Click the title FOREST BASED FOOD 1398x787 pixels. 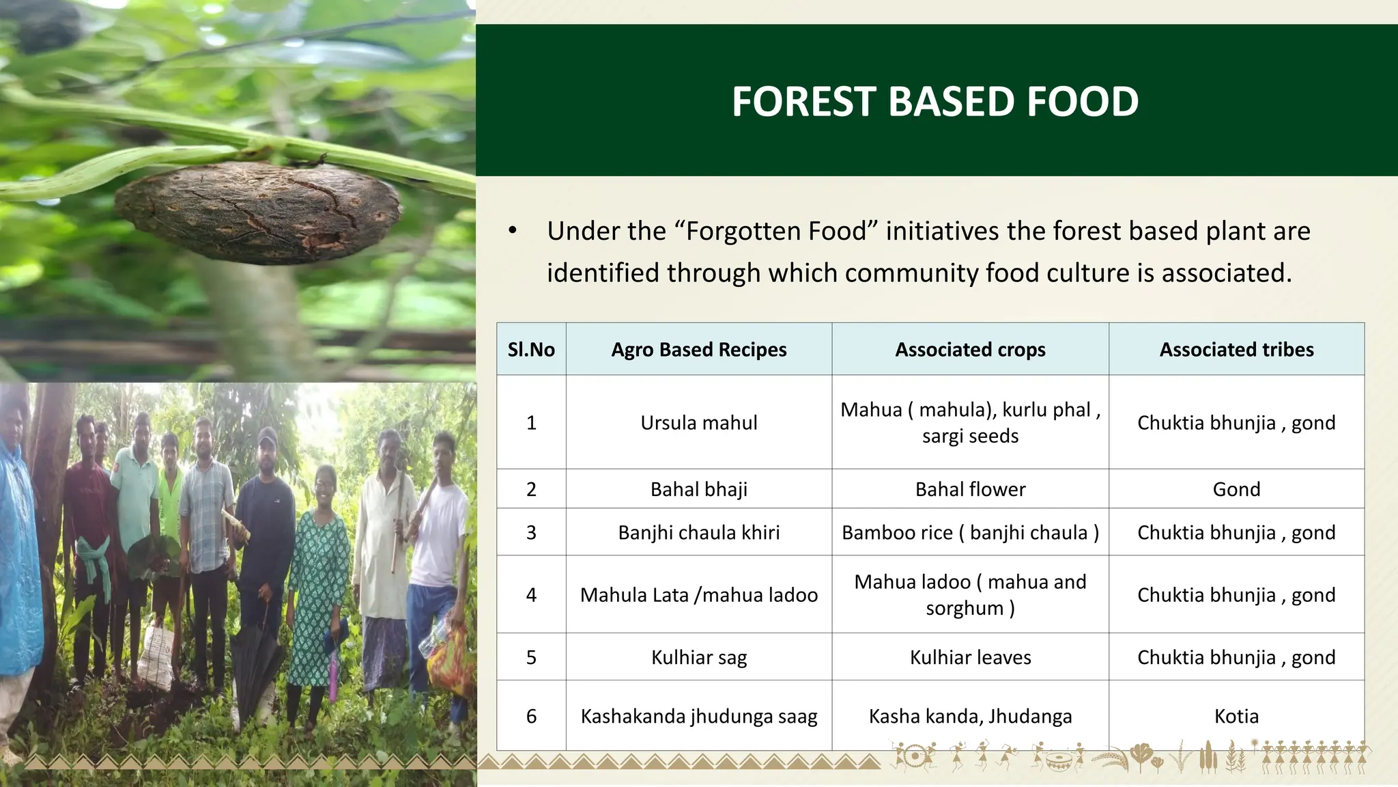point(935,101)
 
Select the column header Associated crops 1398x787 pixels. point(970,350)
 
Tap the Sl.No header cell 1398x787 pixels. point(531,350)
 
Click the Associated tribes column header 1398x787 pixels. point(1236,350)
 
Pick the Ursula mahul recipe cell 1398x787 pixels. point(698,423)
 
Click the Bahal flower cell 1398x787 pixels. point(970,489)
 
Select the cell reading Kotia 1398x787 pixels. point(1236,716)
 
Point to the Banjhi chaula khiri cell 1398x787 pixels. point(698,532)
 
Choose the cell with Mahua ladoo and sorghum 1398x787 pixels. point(970,594)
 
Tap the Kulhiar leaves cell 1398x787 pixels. point(970,657)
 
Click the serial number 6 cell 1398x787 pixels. point(531,716)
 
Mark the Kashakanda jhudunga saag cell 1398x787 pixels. point(698,716)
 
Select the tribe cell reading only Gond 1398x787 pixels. point(1236,489)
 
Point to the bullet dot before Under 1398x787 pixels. point(513,231)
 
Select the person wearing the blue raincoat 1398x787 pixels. point(17,547)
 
